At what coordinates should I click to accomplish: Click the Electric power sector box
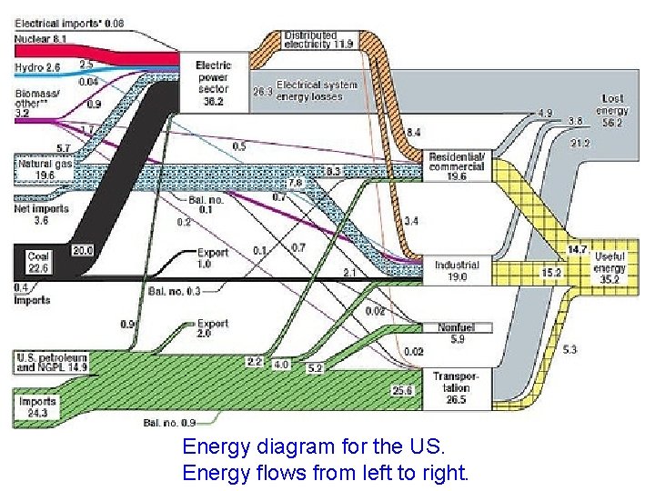click(214, 83)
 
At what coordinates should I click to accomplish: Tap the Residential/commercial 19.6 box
click(458, 166)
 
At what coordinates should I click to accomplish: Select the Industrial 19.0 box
click(457, 270)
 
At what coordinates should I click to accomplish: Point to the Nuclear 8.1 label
click(37, 40)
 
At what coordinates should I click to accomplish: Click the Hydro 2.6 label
click(37, 67)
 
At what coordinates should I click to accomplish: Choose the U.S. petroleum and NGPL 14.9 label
click(50, 362)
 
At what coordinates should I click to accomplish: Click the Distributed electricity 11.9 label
click(318, 39)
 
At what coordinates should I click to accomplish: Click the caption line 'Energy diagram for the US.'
click(314, 447)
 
